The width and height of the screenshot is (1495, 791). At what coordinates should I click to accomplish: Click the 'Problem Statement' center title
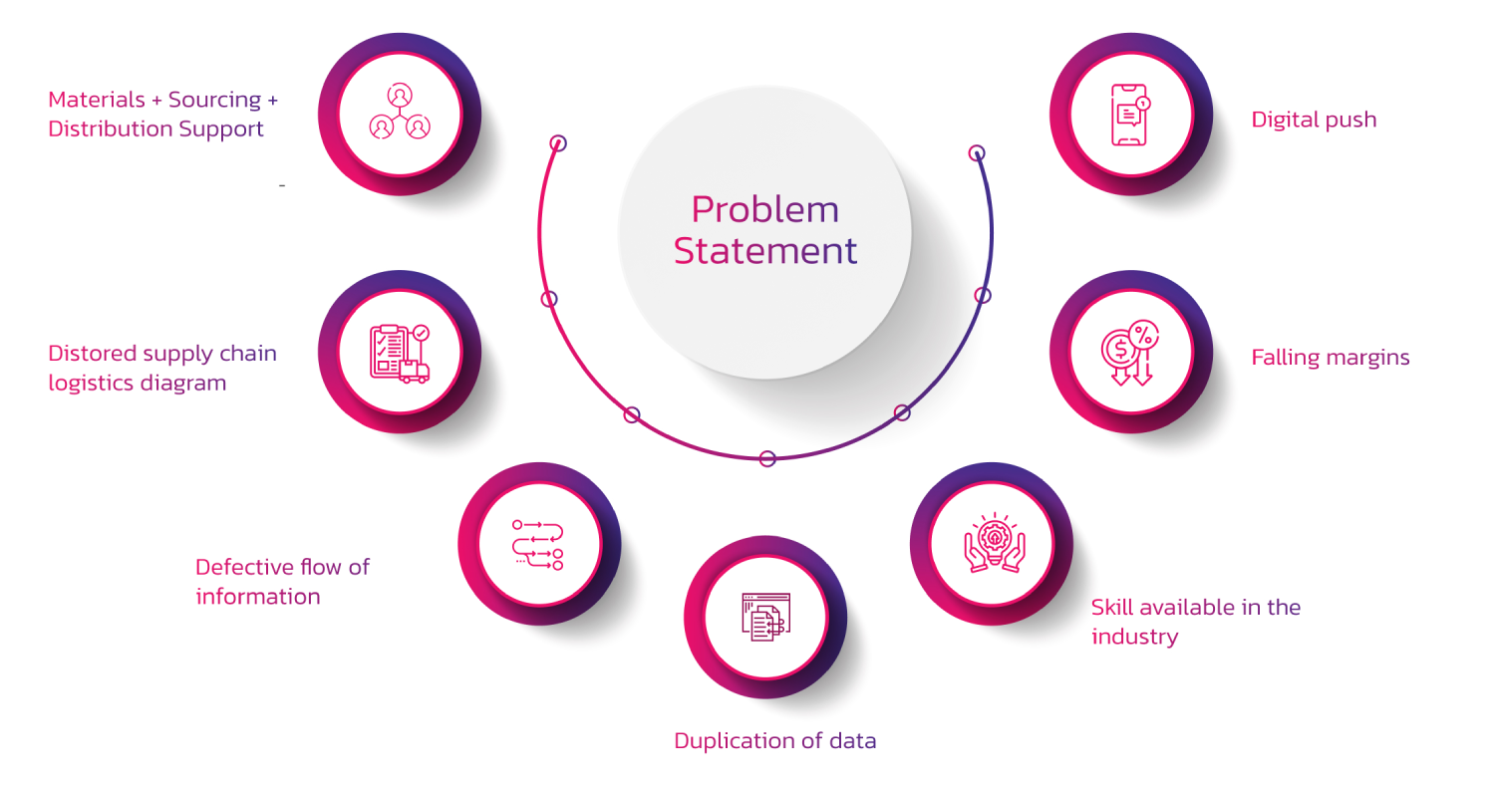coord(765,230)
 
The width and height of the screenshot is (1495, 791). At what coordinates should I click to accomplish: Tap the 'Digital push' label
coord(1314,120)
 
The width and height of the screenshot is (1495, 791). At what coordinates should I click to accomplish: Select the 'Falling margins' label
coord(1331,357)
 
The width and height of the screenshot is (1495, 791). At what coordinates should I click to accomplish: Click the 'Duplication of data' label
coord(775,740)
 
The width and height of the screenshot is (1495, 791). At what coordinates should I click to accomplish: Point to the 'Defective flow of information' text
coord(282,582)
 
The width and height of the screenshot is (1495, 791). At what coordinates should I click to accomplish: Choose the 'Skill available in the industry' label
coord(1195,622)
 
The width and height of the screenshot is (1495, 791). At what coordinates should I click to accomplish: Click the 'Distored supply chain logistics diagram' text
coord(162,368)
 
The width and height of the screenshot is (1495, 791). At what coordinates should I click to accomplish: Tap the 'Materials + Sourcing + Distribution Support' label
coord(163,114)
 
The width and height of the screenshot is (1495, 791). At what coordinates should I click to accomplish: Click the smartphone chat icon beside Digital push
coord(1130,115)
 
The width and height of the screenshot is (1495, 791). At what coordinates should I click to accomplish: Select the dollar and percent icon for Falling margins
coord(1129,352)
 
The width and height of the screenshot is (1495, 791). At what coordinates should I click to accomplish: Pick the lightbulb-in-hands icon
coord(993,544)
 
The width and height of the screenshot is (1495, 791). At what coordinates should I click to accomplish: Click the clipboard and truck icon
coord(400,352)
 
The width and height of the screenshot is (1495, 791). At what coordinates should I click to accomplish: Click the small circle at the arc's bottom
coord(767,458)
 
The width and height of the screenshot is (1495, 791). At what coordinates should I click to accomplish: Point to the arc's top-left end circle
coord(559,142)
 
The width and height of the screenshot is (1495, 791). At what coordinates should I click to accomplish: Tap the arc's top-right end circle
coord(978,152)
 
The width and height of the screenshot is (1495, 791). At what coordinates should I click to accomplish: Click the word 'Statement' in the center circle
coord(765,250)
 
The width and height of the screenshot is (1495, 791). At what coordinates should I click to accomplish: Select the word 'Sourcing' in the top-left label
coord(214,100)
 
